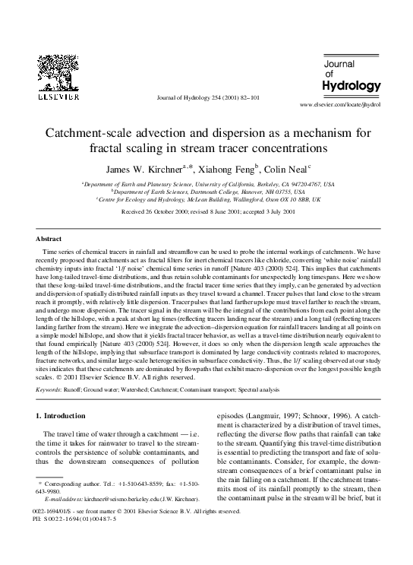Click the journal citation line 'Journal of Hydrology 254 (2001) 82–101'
(206, 97)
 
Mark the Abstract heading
(49, 238)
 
